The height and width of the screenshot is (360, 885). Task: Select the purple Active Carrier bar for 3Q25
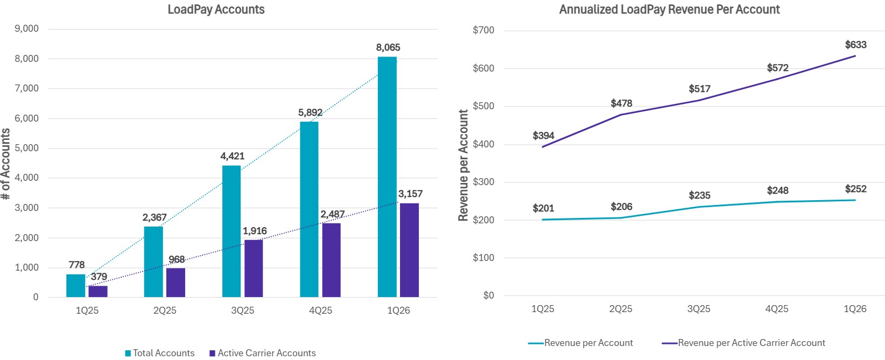(x=254, y=268)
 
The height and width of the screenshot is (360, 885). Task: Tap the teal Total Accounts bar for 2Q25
(x=153, y=262)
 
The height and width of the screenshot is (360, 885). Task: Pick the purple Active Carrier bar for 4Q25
(x=331, y=260)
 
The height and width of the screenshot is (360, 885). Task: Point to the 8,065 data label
(x=388, y=47)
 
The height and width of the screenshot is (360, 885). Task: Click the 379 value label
(x=99, y=277)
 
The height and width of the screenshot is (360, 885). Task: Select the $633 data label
(x=855, y=45)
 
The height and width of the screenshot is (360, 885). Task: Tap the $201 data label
(x=543, y=208)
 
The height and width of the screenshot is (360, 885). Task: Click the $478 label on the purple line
(x=621, y=103)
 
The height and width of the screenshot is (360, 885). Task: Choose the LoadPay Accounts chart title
(x=216, y=10)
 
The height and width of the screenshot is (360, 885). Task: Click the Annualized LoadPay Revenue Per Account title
(x=669, y=10)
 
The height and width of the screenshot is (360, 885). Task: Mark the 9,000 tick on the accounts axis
(x=26, y=29)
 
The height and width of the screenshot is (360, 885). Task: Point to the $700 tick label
(x=483, y=30)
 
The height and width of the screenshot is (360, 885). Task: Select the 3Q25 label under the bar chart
(x=243, y=310)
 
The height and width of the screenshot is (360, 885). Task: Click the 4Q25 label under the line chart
(x=777, y=309)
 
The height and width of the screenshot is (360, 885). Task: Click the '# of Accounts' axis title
(x=6, y=164)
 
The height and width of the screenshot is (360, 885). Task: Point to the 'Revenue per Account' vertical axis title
(x=463, y=165)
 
